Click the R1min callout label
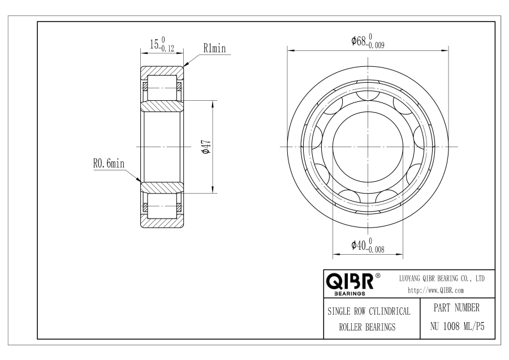(214, 49)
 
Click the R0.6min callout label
(109, 163)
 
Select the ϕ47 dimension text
(206, 147)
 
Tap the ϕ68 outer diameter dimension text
(359, 41)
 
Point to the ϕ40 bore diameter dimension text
(359, 245)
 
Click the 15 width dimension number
(154, 44)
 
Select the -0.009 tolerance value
(376, 45)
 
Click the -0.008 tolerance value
(376, 249)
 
